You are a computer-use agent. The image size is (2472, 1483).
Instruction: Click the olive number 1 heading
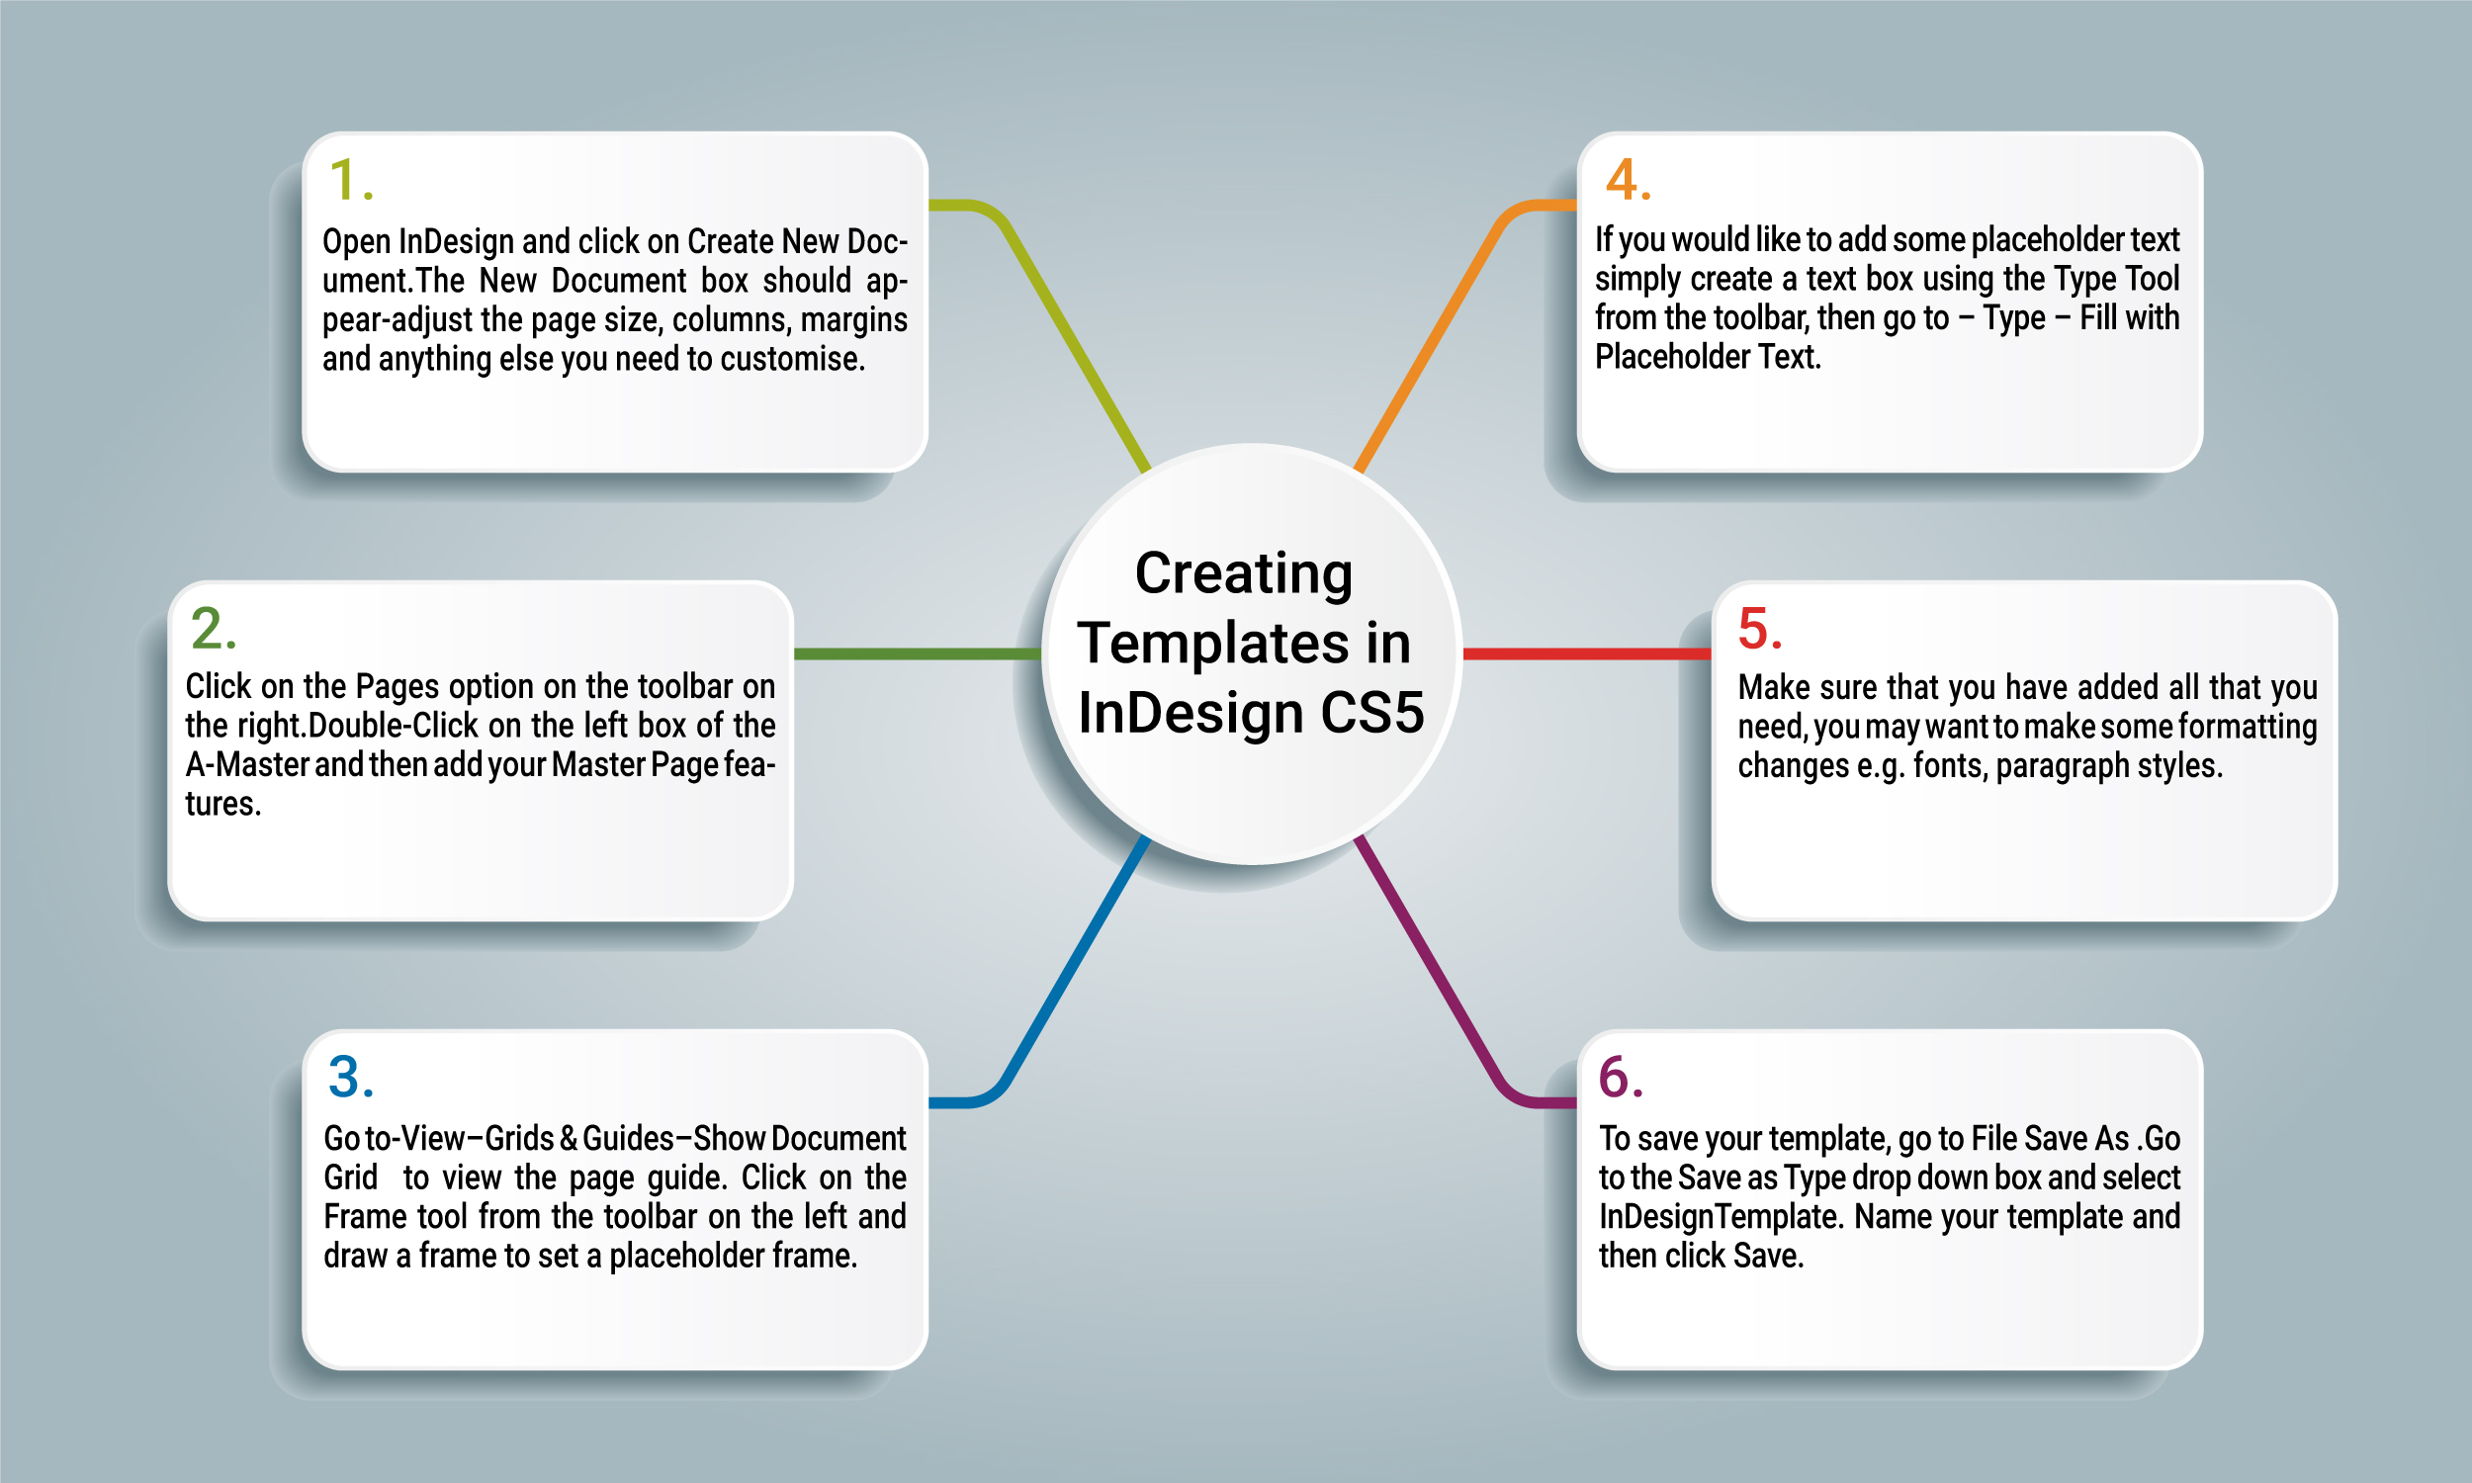(x=351, y=180)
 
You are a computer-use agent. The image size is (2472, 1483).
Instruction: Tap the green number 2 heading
(x=213, y=629)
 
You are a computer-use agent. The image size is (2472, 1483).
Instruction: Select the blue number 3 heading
(x=351, y=1078)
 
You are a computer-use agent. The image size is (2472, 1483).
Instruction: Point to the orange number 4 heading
(x=1628, y=180)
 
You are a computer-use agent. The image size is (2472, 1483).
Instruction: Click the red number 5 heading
(x=1761, y=629)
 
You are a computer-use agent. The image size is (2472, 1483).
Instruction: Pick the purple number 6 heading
(x=1621, y=1078)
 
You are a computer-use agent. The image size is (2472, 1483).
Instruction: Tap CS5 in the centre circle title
(x=1371, y=713)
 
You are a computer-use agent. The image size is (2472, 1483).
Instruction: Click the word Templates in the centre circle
(x=1214, y=644)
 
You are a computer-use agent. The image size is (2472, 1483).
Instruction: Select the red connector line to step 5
(x=1587, y=654)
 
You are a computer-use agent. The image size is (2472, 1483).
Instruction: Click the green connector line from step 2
(x=918, y=654)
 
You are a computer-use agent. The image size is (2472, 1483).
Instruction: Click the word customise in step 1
(x=792, y=359)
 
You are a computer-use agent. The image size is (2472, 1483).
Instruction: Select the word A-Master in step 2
(x=247, y=764)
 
